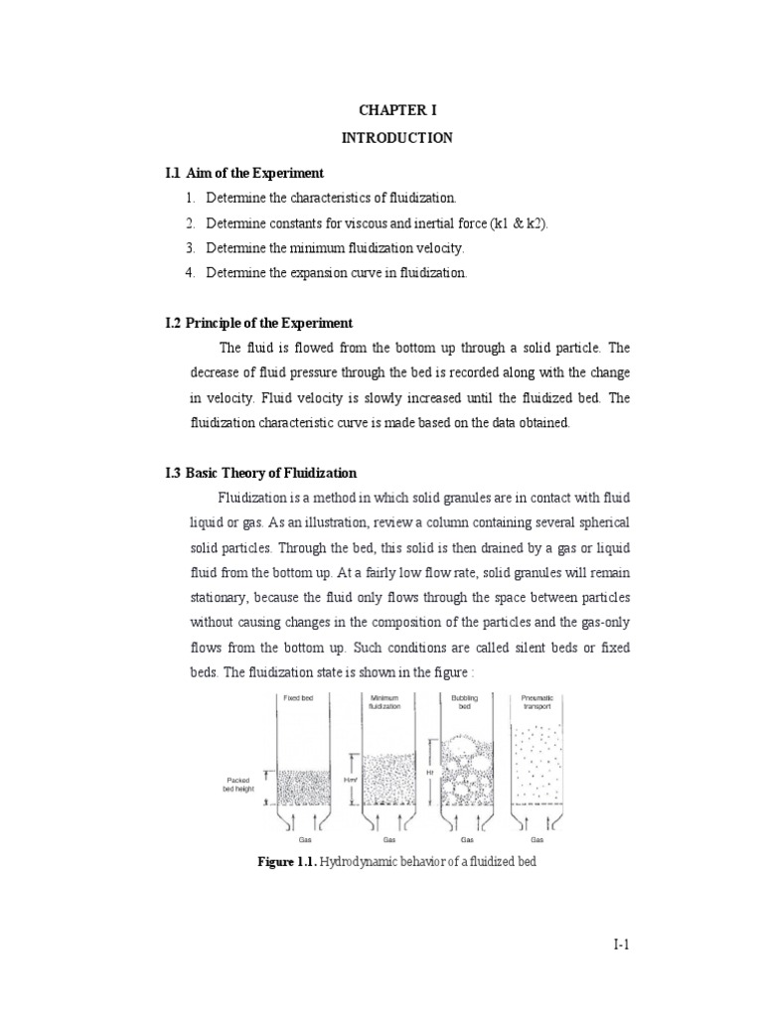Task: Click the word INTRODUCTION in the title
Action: pyautogui.click(x=396, y=138)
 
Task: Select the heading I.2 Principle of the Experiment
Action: pyautogui.click(x=258, y=323)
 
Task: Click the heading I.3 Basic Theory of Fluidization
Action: pyautogui.click(x=260, y=473)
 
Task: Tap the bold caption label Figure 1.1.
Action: pyautogui.click(x=286, y=861)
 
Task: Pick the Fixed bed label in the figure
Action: pyautogui.click(x=298, y=698)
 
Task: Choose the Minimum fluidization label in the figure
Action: pyautogui.click(x=384, y=702)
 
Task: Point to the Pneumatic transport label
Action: pyautogui.click(x=536, y=702)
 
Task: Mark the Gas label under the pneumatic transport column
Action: pyautogui.click(x=536, y=839)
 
